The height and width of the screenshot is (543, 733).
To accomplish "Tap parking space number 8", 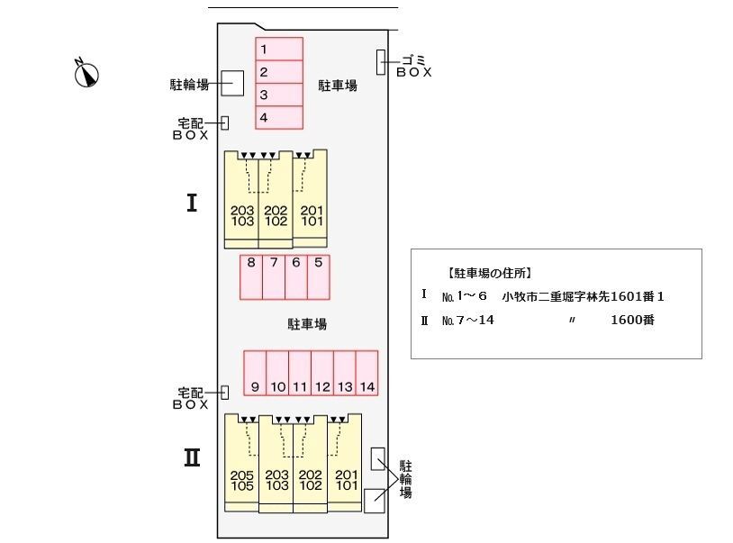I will pyautogui.click(x=251, y=276).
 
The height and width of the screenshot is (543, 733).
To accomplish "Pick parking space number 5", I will pyautogui.click(x=319, y=276).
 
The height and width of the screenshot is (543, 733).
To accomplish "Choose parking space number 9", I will pyautogui.click(x=256, y=373).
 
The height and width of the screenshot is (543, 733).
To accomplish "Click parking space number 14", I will pyautogui.click(x=366, y=373).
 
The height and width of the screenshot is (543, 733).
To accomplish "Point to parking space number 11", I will pyautogui.click(x=300, y=373).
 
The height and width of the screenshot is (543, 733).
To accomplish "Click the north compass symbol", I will pyautogui.click(x=86, y=73).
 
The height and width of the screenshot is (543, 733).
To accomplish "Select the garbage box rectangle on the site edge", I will pyautogui.click(x=381, y=62).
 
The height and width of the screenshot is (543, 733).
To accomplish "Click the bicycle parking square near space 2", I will pyautogui.click(x=232, y=84).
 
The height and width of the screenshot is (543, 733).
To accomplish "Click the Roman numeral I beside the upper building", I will pyautogui.click(x=191, y=204).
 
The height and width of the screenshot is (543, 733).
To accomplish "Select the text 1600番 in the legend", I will pyautogui.click(x=632, y=319).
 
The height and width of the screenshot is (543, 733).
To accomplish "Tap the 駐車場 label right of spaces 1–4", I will pyautogui.click(x=338, y=86).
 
